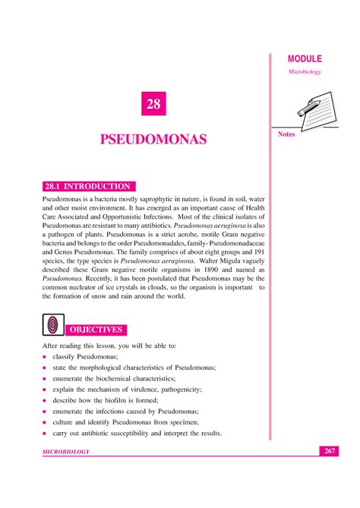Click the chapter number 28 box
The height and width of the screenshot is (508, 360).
154,104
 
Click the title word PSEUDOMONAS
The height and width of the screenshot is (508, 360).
154,141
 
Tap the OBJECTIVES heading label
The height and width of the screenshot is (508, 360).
96,330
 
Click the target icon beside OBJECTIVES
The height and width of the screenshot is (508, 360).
53,326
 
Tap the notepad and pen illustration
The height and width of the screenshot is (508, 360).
308,105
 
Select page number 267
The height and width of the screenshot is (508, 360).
329,452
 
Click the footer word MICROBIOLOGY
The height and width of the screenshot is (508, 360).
66,453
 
